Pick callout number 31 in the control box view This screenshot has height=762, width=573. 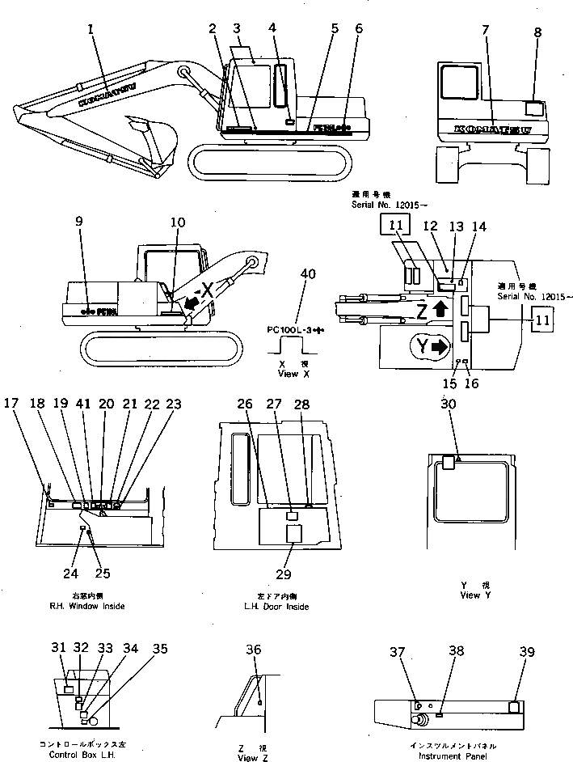[x=57, y=648]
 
